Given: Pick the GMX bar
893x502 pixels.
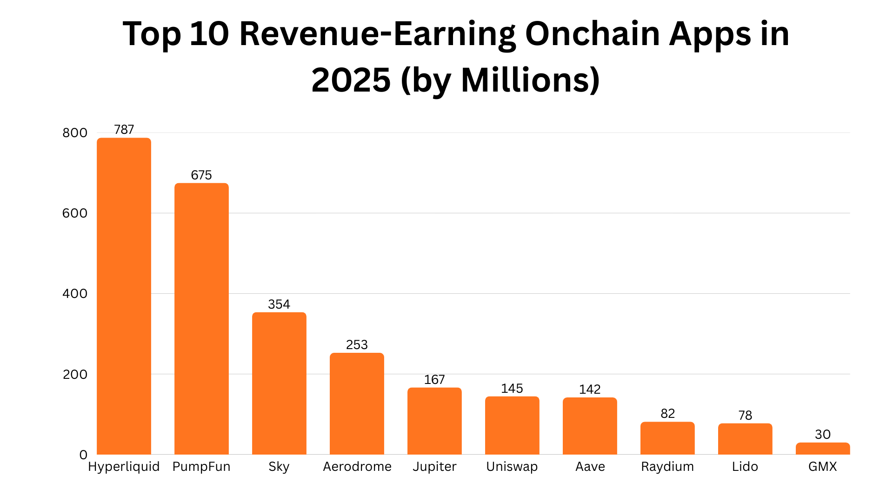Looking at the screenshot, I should point(823,449).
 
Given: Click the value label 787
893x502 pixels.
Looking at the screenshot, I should point(124,130).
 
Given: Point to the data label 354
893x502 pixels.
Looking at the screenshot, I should point(279,304).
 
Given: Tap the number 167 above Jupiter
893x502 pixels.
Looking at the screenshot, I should point(434,380).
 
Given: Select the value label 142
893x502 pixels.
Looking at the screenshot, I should point(590,390).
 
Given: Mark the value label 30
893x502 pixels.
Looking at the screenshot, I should point(823,435).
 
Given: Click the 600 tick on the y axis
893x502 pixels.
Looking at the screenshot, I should point(75,213).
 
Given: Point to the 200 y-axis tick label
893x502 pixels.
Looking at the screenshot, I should point(75,375).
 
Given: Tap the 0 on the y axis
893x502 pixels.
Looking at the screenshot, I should point(83,455).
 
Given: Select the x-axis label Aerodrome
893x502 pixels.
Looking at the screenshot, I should point(357,467).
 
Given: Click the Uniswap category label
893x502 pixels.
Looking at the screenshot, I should point(512,467).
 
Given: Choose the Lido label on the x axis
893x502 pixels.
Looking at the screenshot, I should point(745,467).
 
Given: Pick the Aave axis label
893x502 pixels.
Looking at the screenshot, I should point(590,467).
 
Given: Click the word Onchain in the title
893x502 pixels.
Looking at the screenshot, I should point(592,34).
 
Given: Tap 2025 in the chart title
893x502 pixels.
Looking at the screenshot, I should point(351,80).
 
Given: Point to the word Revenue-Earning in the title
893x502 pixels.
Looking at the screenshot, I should point(377,34).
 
